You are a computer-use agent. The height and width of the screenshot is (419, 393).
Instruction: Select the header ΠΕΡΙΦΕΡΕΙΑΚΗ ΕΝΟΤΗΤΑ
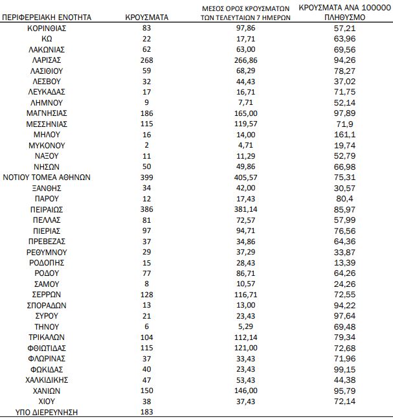tap(47, 17)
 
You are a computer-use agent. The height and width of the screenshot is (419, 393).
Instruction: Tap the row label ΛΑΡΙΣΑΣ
tap(47, 60)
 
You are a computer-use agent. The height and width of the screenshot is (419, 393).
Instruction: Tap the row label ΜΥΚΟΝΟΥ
tap(47, 144)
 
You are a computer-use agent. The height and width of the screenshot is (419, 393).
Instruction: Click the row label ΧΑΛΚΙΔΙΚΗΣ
tap(47, 379)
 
